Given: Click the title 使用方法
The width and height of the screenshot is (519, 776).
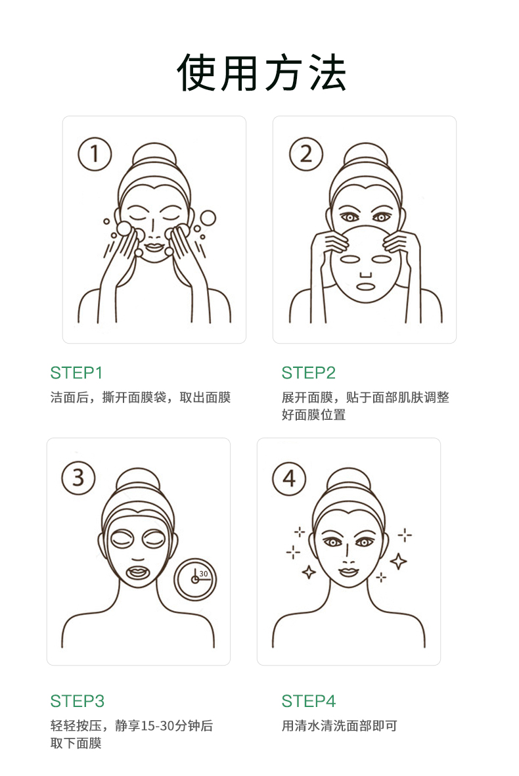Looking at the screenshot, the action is [261, 73].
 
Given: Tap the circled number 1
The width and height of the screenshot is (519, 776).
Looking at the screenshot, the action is [95, 154].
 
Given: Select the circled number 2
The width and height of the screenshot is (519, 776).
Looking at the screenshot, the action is [305, 154].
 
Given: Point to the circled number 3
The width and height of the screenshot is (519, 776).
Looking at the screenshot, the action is [78, 478].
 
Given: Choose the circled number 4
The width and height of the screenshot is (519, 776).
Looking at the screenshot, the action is [290, 478].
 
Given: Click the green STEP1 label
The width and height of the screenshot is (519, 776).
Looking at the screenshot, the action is [76, 373].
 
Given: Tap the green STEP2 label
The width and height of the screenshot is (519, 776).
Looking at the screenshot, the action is [308, 373].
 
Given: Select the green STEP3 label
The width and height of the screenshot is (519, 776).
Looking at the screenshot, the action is [77, 701].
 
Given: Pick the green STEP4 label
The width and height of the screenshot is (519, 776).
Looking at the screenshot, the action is [308, 701].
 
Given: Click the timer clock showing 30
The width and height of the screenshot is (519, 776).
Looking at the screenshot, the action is [195, 580].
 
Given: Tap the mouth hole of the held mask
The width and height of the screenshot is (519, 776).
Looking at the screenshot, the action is [365, 286].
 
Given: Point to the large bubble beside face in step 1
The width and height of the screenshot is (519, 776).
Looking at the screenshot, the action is [208, 217].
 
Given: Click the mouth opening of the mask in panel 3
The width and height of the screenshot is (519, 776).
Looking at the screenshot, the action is [138, 572].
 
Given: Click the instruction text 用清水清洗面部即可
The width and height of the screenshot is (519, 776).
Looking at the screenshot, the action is [340, 725].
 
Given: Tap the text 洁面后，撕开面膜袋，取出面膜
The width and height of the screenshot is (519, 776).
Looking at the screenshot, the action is [141, 398].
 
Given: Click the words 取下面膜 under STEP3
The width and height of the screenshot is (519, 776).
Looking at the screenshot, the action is [76, 743].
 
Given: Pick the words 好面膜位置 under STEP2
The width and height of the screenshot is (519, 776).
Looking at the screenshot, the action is [313, 415].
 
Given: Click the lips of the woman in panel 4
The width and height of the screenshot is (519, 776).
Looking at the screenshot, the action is [348, 572].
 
